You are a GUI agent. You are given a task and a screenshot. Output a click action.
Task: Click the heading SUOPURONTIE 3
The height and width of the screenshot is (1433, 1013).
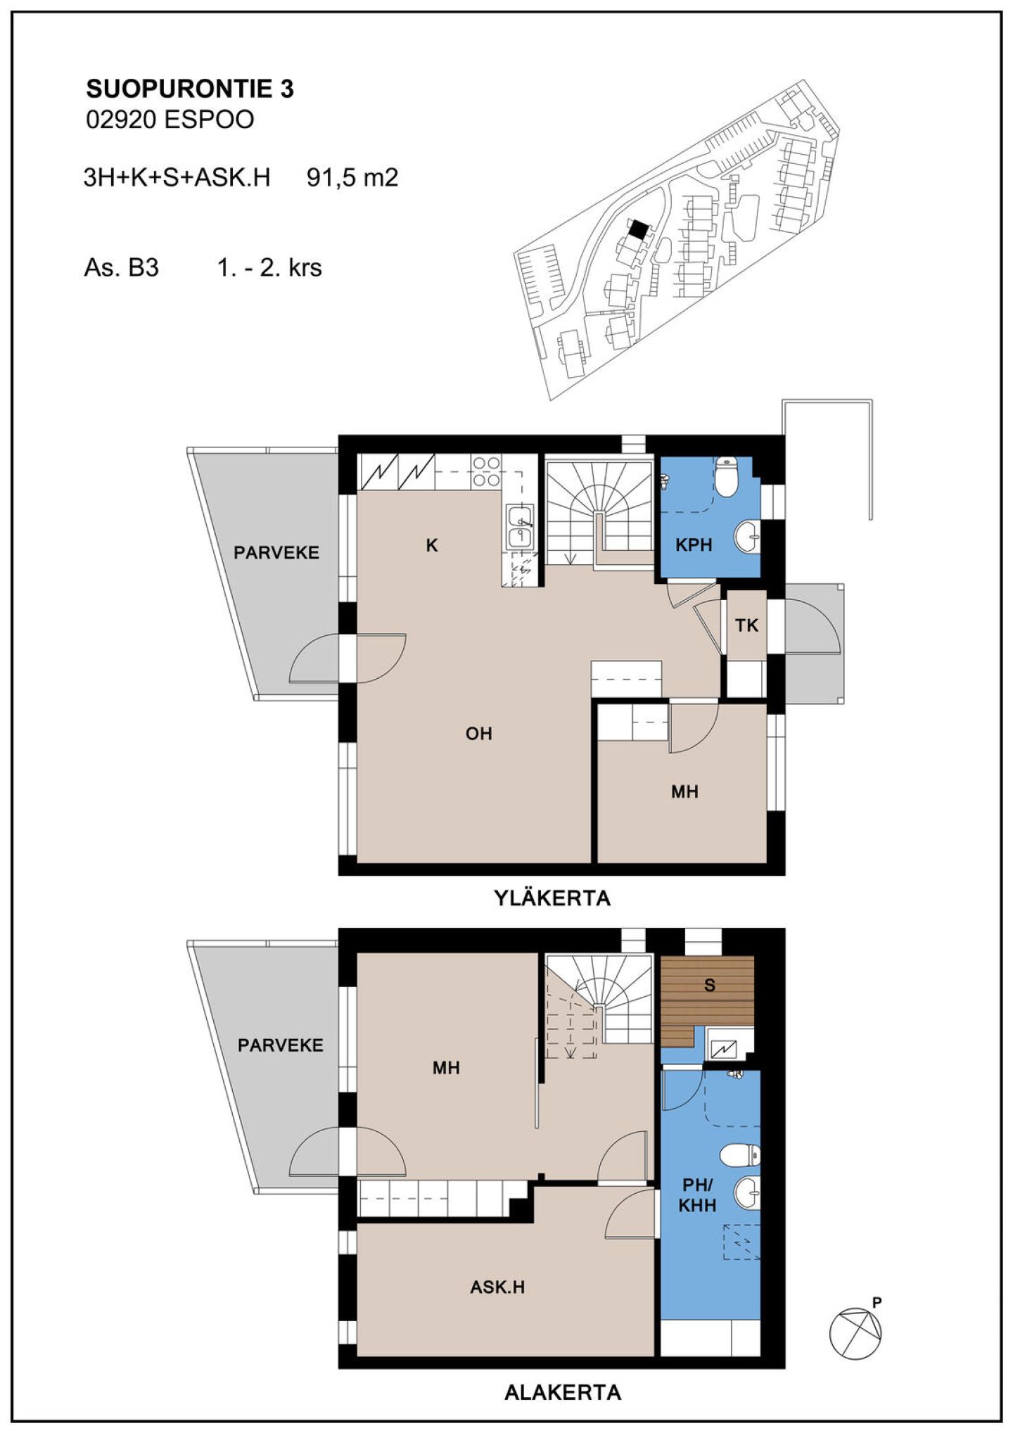[x=190, y=89]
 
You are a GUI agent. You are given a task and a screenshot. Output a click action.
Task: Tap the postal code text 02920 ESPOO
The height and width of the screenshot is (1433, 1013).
[x=170, y=120]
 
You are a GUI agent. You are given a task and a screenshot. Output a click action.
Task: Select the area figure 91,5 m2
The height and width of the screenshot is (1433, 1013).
[x=352, y=177]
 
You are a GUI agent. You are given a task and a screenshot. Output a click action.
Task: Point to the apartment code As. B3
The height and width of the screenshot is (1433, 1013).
[x=121, y=268]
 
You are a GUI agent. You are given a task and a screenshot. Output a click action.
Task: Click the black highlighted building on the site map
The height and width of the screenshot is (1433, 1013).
[x=638, y=229]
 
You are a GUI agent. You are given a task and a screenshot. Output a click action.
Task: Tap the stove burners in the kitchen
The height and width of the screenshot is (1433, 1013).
[x=486, y=472]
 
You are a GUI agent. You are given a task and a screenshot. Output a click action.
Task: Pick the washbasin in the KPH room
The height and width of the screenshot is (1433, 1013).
[x=748, y=537]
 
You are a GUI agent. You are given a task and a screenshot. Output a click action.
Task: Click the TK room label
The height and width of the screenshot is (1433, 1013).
[x=746, y=625]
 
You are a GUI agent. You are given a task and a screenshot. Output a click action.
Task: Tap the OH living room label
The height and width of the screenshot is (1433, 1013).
[x=478, y=734]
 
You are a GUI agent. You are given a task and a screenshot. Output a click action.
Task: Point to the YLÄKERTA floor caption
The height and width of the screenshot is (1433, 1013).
[x=552, y=898]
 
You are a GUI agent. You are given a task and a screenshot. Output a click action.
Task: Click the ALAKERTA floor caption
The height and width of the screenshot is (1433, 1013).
[x=563, y=1392]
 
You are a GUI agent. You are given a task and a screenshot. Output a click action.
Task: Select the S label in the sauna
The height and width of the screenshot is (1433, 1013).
[x=710, y=986]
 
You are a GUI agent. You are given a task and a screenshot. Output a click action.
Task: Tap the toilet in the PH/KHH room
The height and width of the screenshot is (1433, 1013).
[x=741, y=1154]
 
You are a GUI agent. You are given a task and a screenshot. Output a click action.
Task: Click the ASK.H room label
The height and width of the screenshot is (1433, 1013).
[x=497, y=1287]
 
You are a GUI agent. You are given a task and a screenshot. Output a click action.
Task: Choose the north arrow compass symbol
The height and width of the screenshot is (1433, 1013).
[x=855, y=1332]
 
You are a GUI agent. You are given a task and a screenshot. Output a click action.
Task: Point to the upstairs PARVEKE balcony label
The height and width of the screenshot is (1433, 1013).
[x=276, y=553]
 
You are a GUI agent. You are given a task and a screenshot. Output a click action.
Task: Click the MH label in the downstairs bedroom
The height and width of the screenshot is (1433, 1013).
[x=446, y=1068]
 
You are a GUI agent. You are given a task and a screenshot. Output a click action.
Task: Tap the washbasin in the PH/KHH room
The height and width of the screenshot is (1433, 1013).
[x=748, y=1193]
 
